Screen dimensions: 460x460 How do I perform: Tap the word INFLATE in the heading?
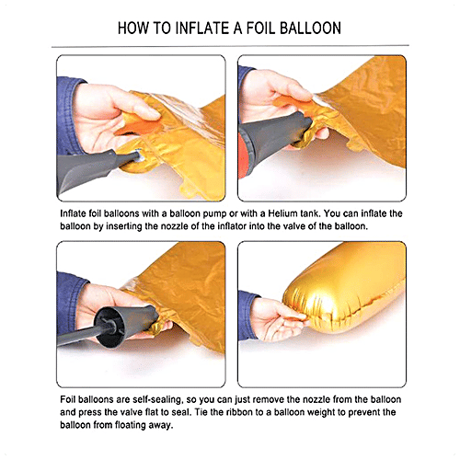pos(202,28)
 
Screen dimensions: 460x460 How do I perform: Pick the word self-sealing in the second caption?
pos(158,400)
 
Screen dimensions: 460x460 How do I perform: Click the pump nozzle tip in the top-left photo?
pos(138,155)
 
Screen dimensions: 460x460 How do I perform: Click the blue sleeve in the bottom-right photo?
pos(247,316)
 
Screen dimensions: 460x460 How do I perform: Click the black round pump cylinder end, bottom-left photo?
pos(109,327)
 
